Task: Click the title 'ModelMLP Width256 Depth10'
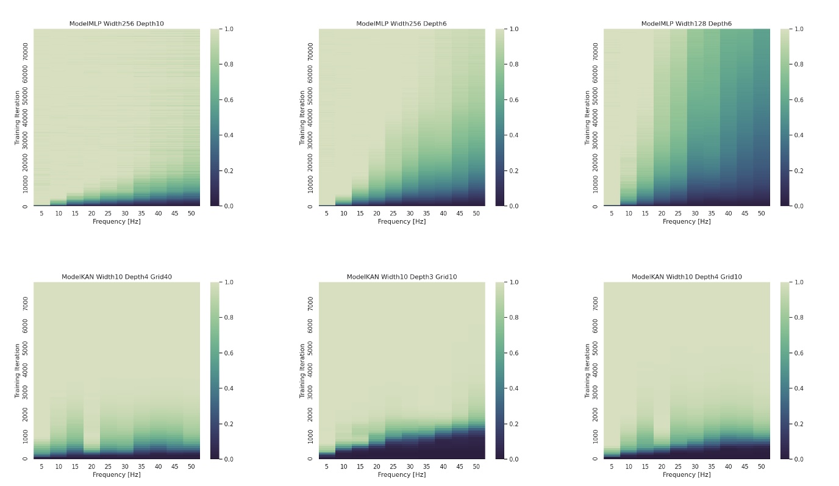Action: pyautogui.click(x=116, y=24)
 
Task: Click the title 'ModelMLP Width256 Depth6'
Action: pyautogui.click(x=401, y=24)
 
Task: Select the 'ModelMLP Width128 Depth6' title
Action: pyautogui.click(x=686, y=24)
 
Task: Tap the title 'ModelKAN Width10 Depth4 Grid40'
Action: pyautogui.click(x=116, y=277)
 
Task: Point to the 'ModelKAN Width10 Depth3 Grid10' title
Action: pyautogui.click(x=401, y=277)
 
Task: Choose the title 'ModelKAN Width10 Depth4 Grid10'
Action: pyautogui.click(x=686, y=277)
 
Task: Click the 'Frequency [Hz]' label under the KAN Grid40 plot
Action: pyautogui.click(x=116, y=474)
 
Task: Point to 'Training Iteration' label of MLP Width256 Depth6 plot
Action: pyautogui.click(x=302, y=118)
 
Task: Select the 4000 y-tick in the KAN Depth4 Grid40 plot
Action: pyautogui.click(x=26, y=370)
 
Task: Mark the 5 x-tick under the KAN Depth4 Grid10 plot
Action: pyautogui.click(x=612, y=466)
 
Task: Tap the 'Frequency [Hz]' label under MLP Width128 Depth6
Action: pyautogui.click(x=686, y=221)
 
